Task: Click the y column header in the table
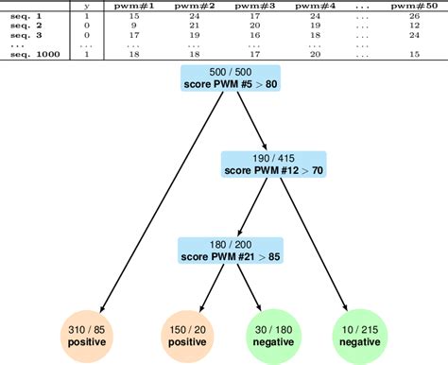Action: point(86,7)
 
